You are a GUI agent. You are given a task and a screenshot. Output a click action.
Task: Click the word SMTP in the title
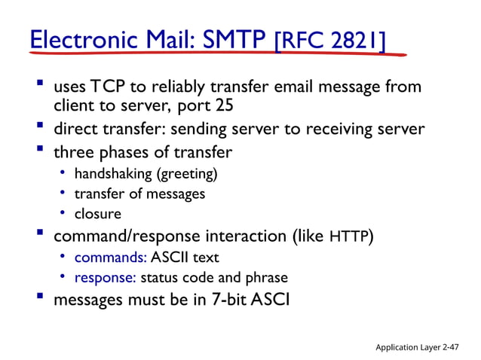pos(235,38)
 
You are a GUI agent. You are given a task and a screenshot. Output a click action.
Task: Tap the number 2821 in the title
pos(355,38)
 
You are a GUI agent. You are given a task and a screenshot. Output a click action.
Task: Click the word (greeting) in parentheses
pos(186,175)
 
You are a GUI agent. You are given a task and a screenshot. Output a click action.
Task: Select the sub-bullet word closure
pos(97,214)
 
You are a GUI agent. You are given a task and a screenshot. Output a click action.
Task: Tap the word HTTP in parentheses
pos(349,237)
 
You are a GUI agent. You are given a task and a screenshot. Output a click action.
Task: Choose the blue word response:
pos(105,277)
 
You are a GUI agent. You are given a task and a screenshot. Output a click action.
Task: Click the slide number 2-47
pos(452,346)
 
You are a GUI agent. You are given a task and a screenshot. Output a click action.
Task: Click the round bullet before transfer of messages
pos(65,194)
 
